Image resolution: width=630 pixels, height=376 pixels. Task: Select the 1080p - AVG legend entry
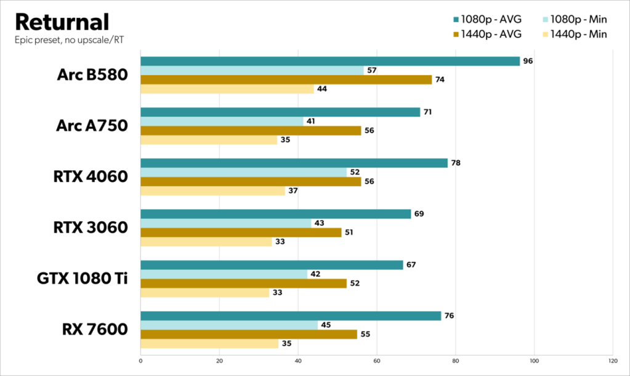489,19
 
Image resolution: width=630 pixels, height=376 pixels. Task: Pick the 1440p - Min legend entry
577,34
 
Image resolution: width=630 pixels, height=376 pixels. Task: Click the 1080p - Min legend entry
577,19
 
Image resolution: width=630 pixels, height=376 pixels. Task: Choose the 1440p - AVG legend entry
489,34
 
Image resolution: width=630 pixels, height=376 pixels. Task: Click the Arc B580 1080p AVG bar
329,61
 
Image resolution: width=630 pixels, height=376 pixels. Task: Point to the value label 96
528,61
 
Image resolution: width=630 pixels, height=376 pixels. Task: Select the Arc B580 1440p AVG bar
286,80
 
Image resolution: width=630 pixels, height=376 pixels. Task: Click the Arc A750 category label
92,126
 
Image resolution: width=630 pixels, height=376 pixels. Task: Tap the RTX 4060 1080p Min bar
243,172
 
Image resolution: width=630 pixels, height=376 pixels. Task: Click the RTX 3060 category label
92,227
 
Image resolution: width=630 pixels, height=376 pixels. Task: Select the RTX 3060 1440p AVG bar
241,232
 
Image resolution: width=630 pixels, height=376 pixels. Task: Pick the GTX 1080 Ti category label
81,279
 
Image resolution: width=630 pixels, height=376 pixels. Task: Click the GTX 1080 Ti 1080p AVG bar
272,264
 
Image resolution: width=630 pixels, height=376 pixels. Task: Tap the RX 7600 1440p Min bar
209,343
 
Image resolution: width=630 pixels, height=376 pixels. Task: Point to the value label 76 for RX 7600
450,316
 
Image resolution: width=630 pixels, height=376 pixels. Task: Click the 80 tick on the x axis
455,360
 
